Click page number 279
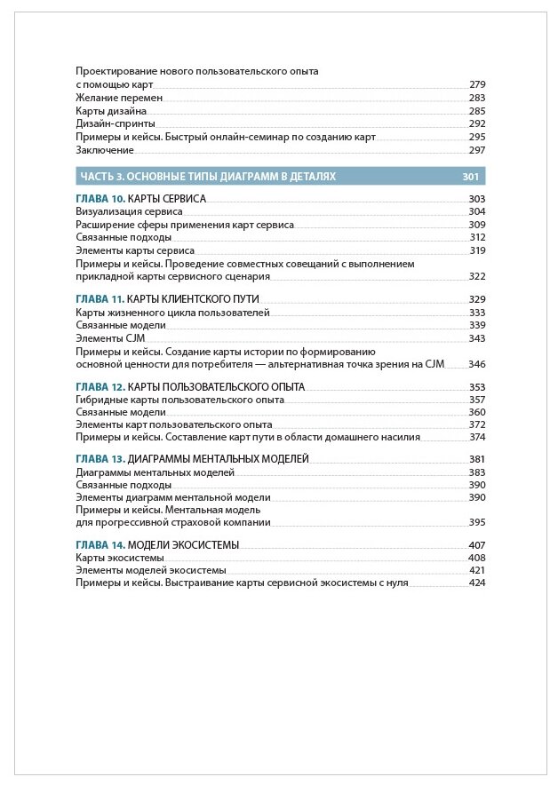pos(477,84)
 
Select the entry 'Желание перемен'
pos(108,98)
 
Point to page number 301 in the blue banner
pos(471,177)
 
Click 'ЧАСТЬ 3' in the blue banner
pos(101,177)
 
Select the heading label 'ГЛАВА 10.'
pos(100,199)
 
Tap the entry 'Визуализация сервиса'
pos(129,212)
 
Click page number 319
pos(477,251)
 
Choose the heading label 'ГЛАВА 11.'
pos(100,299)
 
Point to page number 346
pos(477,364)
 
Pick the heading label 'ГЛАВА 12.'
pos(100,387)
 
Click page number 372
pos(477,425)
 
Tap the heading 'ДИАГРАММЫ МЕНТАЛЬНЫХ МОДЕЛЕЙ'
pos(219,459)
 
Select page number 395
pos(477,523)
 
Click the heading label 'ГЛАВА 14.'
pos(100,544)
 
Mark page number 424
pos(477,583)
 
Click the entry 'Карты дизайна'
pos(111,111)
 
